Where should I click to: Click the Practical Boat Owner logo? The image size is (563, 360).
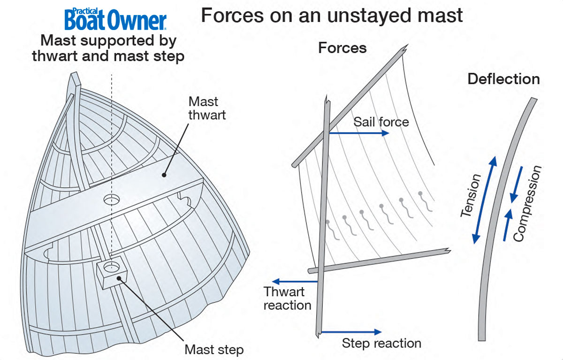[x=115, y=19]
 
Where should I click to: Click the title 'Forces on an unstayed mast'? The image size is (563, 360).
[x=332, y=15]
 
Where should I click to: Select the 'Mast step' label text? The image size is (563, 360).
[x=214, y=349]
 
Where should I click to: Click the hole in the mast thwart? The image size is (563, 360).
[x=111, y=200]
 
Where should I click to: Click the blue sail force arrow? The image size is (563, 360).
[x=359, y=133]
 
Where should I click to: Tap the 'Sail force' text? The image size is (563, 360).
[x=381, y=122]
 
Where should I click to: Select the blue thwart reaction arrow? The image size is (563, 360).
[x=296, y=282]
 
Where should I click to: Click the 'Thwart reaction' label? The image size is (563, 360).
[x=287, y=299]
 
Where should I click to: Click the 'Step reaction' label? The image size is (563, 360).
[x=381, y=343]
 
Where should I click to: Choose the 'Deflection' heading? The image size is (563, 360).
[x=503, y=79]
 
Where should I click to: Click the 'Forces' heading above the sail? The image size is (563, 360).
[x=342, y=48]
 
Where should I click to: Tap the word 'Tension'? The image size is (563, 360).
[x=471, y=196]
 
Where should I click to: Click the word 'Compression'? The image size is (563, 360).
[x=527, y=204]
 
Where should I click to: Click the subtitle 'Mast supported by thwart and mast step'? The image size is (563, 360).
[x=108, y=48]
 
